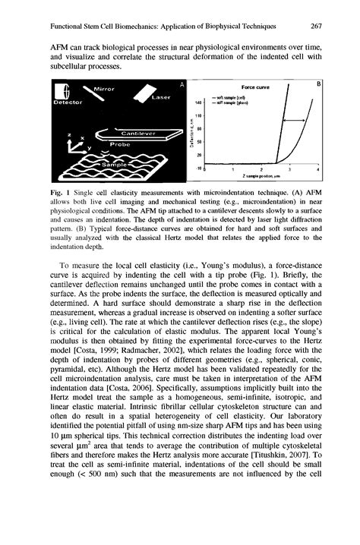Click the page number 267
pos(318,26)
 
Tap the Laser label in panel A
pos(163,97)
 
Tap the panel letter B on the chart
pos(320,83)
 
